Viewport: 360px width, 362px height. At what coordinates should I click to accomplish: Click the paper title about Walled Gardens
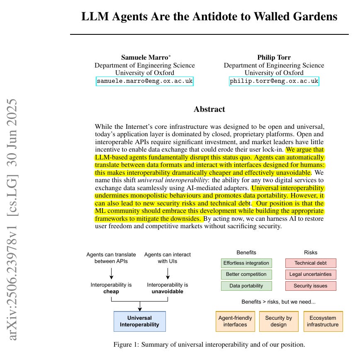(x=209, y=17)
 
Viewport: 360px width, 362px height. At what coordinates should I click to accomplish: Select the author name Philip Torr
(x=274, y=57)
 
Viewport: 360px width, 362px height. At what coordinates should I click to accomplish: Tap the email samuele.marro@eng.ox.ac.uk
(x=145, y=81)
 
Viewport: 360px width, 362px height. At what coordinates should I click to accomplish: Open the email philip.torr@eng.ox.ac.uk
(x=274, y=81)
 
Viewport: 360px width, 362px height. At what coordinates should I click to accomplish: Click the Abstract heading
(x=209, y=109)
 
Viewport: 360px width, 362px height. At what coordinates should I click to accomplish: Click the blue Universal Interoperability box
(x=140, y=321)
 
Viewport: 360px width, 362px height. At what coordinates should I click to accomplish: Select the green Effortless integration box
(x=246, y=263)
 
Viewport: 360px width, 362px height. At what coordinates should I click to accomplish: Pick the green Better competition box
(x=246, y=274)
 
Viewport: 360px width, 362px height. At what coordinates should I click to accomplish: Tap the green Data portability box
(x=246, y=286)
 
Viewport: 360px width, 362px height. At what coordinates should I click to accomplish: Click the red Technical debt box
(x=311, y=263)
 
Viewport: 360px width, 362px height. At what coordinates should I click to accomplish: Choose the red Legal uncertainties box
(x=311, y=274)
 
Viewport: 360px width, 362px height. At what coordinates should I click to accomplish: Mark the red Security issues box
(x=311, y=286)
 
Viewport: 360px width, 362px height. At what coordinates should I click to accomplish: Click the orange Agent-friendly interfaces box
(x=235, y=321)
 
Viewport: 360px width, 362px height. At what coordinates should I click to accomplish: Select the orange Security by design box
(x=278, y=321)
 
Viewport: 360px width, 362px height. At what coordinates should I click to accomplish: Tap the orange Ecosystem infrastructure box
(x=323, y=321)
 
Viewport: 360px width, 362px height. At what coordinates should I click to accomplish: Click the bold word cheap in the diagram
(x=111, y=291)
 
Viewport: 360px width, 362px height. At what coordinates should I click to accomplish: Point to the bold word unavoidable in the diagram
(x=168, y=291)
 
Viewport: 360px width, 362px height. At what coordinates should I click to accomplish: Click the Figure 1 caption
(x=209, y=345)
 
